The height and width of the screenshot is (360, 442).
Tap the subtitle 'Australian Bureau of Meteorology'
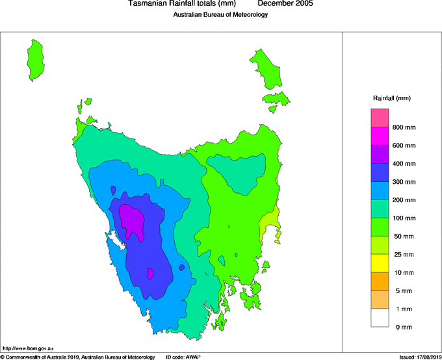pyautogui.click(x=220, y=15)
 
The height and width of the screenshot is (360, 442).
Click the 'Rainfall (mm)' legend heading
pyautogui.click(x=392, y=98)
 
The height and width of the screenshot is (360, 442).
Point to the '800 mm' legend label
pyautogui.click(x=404, y=127)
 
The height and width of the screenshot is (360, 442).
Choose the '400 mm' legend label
pyautogui.click(x=404, y=164)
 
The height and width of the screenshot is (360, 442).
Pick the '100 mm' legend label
pyautogui.click(x=404, y=218)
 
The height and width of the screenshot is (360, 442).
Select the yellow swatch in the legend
pyautogui.click(x=380, y=263)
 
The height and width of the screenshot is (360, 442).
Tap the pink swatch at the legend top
pyautogui.click(x=380, y=118)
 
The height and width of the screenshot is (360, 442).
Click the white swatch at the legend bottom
pyautogui.click(x=380, y=318)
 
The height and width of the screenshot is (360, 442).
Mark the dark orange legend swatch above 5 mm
pyautogui.click(x=380, y=281)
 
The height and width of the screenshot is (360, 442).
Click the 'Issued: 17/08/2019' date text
pyautogui.click(x=419, y=357)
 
